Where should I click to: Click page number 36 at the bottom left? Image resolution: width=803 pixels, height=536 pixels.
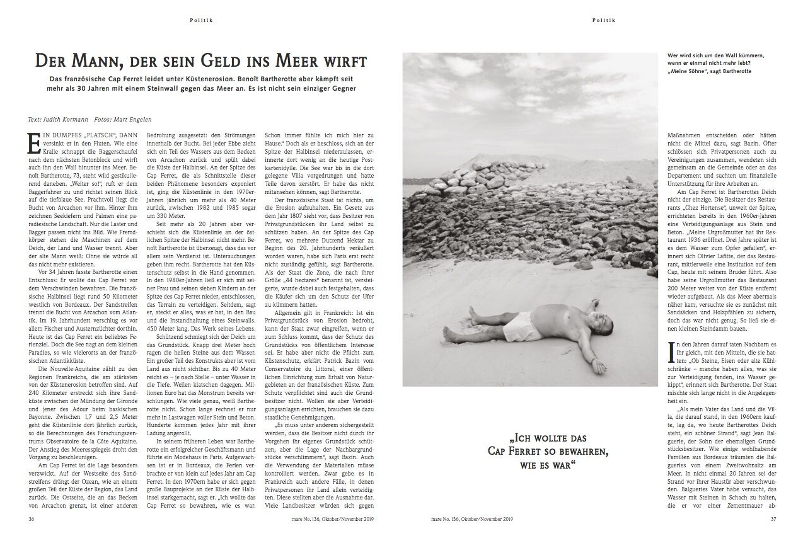tap(32, 520)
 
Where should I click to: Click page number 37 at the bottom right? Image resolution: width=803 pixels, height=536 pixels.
tap(773, 520)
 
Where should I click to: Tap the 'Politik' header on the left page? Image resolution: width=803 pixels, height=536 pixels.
tap(202, 20)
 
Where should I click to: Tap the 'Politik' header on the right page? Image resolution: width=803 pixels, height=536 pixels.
tap(603, 20)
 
